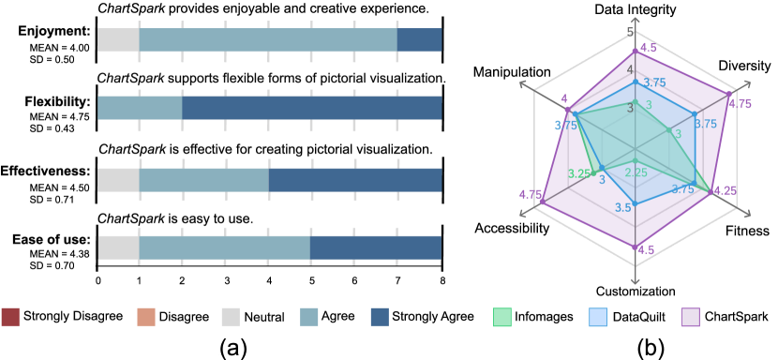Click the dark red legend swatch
pos(10,317)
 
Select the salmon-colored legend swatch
pos(146,317)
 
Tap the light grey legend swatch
pos(231,317)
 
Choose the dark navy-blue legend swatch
pos(380,317)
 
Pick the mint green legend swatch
pos(502,317)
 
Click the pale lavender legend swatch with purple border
pos(691,317)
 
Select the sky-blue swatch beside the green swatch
pos(598,317)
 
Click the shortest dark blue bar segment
pos(419,40)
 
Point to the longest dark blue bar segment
pos(311,108)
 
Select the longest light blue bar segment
pos(268,40)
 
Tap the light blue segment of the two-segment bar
pos(140,108)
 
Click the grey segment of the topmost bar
pos(118,40)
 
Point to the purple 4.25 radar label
pos(725,190)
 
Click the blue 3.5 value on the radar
pos(623,207)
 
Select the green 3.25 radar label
pos(579,173)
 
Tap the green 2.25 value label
pos(636,172)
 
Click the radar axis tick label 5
pos(630,33)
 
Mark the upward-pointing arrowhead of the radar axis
pos(636,20)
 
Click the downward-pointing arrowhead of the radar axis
pos(636,279)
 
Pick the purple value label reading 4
pos(563,98)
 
